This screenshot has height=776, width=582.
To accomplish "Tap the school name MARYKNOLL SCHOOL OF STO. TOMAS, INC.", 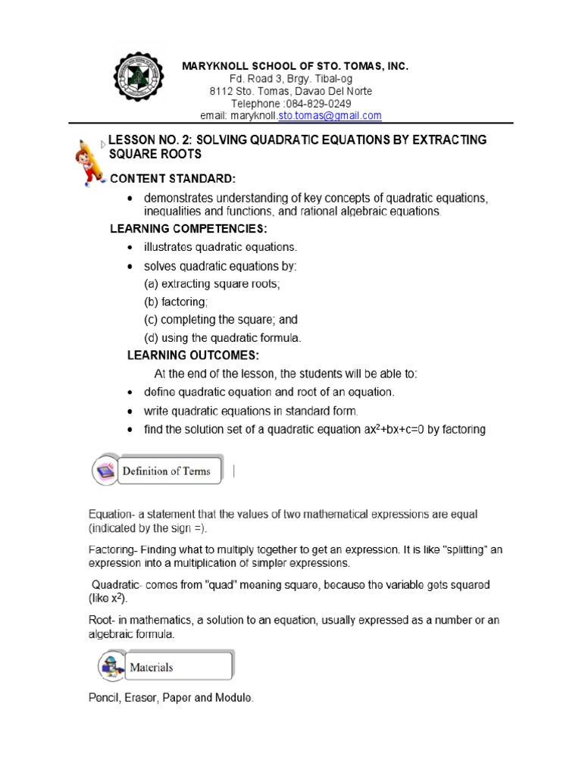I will [295, 67].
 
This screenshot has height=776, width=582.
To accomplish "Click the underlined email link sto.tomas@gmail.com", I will [330, 115].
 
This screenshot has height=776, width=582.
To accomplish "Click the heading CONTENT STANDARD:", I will [174, 178].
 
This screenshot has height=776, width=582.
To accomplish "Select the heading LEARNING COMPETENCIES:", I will [189, 229].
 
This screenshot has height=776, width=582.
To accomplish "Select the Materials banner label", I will [152, 668].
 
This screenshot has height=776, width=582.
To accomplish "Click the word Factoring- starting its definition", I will [113, 550].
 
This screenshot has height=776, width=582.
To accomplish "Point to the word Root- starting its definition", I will [102, 621].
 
